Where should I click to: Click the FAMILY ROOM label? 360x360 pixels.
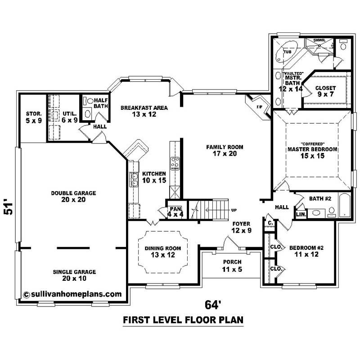point(225,150)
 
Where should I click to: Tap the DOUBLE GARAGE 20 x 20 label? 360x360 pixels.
point(74,196)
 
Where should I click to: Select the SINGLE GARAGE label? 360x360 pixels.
point(74,275)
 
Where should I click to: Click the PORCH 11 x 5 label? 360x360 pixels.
point(232,265)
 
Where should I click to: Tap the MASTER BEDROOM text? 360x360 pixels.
point(312,152)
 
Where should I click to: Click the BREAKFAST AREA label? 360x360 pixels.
point(144,111)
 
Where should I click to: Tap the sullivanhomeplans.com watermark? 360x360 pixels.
point(72,294)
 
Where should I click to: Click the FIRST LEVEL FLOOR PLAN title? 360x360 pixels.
point(183,320)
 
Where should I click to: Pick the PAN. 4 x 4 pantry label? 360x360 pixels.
point(175,212)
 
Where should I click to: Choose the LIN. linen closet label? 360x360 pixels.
point(301,215)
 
